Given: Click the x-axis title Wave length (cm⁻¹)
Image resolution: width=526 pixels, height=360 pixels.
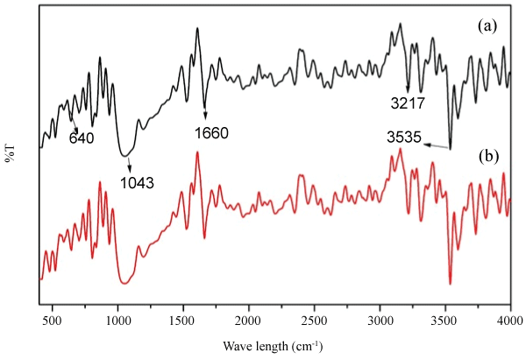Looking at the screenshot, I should [274, 344].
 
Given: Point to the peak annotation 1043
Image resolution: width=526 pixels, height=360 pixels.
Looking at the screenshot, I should [137, 183].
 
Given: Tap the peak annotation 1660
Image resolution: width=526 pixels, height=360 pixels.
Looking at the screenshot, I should [210, 134].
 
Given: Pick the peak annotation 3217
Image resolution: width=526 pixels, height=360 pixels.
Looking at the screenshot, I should [409, 103].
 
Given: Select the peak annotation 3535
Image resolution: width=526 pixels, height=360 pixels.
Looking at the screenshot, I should [405, 138].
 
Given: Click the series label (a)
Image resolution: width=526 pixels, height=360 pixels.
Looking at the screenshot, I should [487, 26].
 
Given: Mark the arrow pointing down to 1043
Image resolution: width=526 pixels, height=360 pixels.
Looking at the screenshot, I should [129, 164].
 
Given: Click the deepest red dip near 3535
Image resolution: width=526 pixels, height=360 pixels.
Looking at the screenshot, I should [451, 282].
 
